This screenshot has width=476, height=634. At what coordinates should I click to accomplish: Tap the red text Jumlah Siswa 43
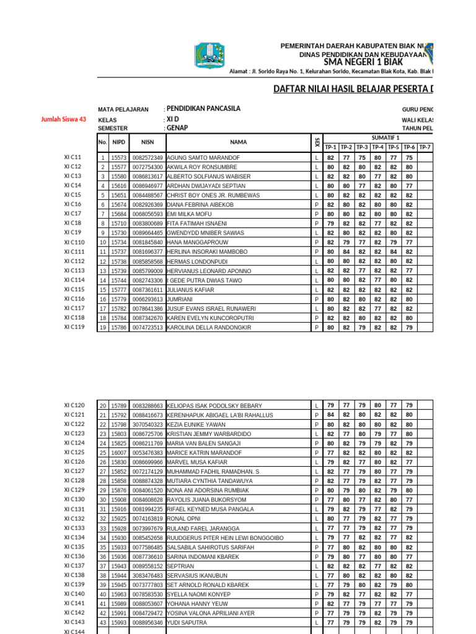(x=64, y=119)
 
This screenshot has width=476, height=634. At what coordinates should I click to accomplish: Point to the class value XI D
(x=174, y=119)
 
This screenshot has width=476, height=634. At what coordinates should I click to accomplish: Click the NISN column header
(x=148, y=142)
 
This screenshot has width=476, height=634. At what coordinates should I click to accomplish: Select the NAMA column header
(x=239, y=142)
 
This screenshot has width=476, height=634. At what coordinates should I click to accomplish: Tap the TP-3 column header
(x=362, y=147)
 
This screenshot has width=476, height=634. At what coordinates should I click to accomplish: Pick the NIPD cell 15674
(x=118, y=204)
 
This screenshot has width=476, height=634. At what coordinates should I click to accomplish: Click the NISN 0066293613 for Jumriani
(x=148, y=299)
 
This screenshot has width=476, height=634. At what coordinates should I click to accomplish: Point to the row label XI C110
(x=74, y=242)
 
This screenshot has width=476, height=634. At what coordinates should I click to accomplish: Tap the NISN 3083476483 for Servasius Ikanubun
(x=148, y=576)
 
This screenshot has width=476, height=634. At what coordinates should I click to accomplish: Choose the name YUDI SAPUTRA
(x=186, y=623)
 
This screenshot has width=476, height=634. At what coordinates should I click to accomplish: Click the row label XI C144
(x=74, y=631)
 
